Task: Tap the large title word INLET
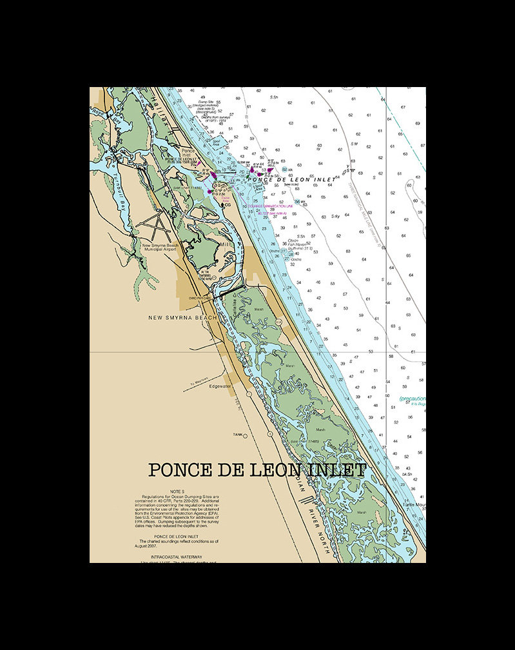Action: coord(336,470)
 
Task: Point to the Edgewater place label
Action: coord(220,386)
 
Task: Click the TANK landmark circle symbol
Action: coord(245,436)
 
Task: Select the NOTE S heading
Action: coord(177,491)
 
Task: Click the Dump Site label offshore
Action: coord(208,102)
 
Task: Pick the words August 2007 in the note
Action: coord(147,546)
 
